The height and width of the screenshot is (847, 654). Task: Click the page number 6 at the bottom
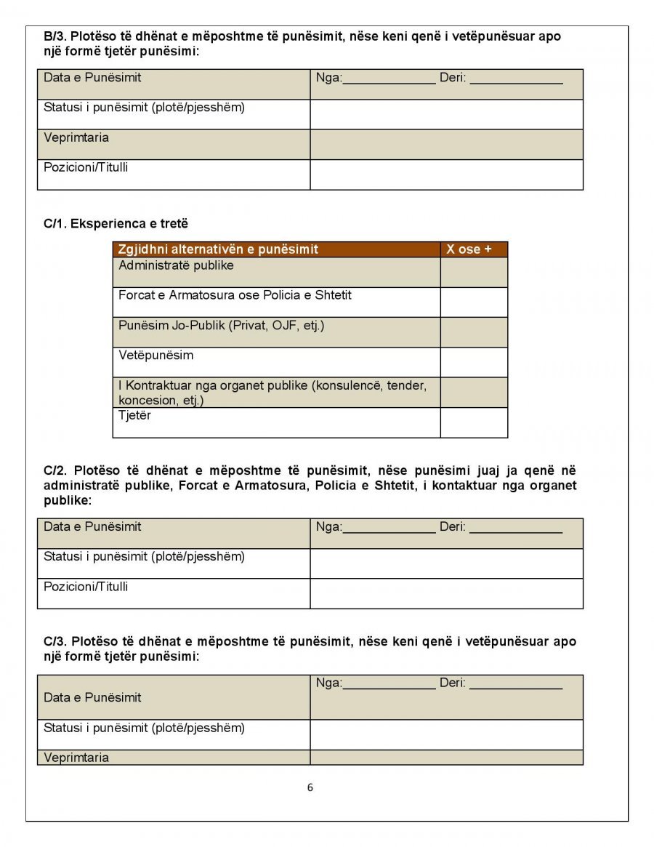coord(310,787)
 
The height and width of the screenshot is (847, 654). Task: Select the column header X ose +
coord(469,249)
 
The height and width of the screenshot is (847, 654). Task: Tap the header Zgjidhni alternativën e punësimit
coord(218,249)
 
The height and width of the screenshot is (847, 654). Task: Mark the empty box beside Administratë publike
coord(473,272)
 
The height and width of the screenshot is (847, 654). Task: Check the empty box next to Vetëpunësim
coord(473,362)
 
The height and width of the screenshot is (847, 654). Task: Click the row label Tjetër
coord(135,416)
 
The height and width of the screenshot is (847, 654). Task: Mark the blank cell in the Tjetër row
coord(473,422)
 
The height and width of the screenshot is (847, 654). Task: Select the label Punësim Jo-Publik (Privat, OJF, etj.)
coord(221,326)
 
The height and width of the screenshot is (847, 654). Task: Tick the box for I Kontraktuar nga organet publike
coord(473,393)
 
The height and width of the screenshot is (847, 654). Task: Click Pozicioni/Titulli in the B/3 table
coord(86,167)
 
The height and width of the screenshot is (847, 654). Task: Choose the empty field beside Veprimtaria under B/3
coord(446,145)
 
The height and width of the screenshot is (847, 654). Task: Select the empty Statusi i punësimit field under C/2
coord(446,563)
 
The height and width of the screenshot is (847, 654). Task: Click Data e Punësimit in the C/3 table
coord(92,697)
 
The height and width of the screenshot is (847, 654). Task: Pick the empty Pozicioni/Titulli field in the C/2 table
coord(446,593)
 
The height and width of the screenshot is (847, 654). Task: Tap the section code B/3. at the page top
coord(56,36)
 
